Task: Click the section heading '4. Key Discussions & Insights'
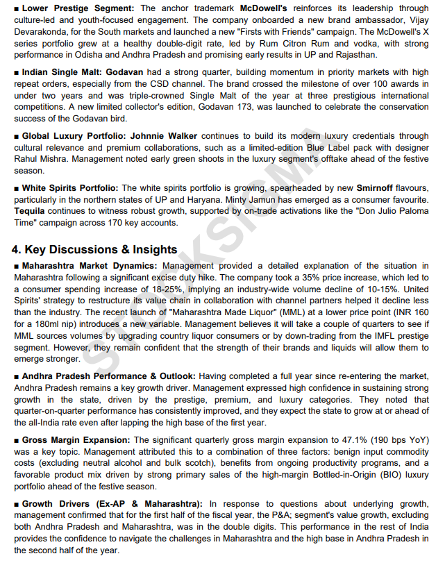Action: click(94, 249)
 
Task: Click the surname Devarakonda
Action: click(42, 31)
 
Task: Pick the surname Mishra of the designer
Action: click(65, 159)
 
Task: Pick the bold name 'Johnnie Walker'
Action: click(163, 137)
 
